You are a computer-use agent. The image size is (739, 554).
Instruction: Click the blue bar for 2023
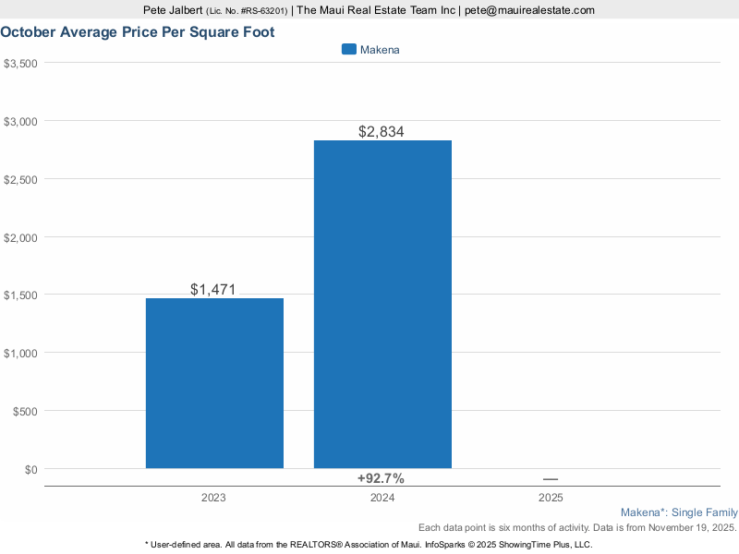214,383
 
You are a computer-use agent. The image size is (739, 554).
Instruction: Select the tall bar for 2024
382,305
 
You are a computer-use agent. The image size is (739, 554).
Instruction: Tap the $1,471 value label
213,289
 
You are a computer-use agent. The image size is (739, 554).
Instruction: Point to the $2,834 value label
382,132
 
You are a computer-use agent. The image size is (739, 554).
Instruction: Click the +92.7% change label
381,478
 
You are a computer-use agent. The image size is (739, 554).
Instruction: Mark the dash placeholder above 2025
551,478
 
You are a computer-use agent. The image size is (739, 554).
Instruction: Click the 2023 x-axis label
214,498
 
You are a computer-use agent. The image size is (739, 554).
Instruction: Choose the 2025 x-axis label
551,498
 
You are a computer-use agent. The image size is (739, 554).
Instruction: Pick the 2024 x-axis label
382,498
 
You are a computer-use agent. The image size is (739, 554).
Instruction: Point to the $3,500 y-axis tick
20,63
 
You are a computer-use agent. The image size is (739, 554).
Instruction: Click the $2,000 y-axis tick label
20,237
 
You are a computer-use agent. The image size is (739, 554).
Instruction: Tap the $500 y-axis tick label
24,411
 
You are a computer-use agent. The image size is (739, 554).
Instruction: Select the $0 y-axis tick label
30,469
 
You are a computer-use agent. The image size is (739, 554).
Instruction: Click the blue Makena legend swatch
348,50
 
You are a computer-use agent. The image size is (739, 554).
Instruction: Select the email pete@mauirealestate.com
529,10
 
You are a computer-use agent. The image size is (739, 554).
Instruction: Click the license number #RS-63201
261,11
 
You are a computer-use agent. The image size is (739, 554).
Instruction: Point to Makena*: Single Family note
679,512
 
